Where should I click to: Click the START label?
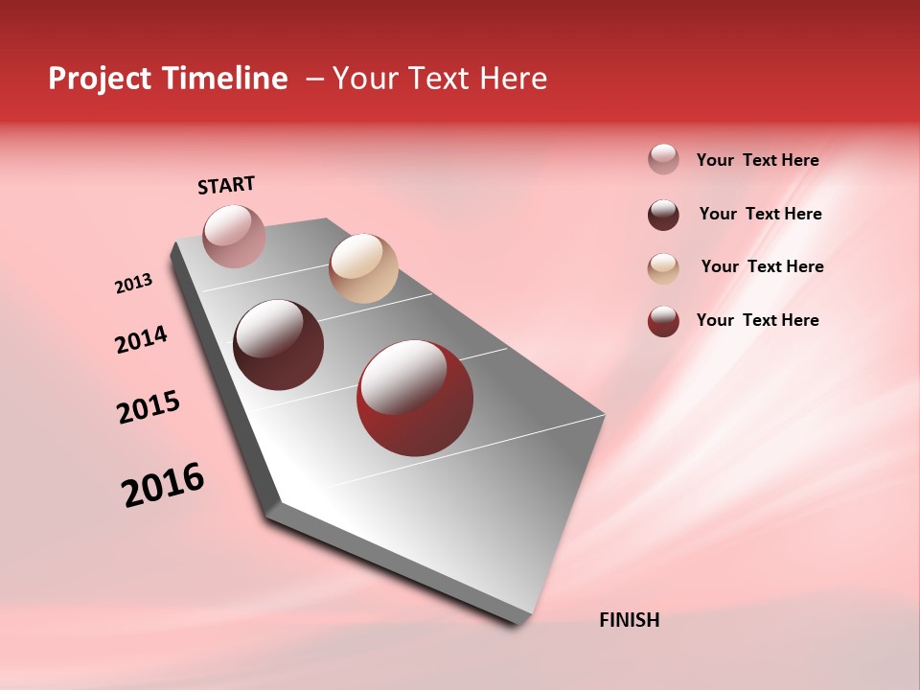click(226, 185)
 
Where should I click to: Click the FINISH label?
click(629, 620)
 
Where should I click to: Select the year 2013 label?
click(133, 284)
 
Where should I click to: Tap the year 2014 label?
click(141, 339)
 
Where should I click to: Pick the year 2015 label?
click(149, 407)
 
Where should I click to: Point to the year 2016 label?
click(163, 485)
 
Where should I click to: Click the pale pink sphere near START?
click(234, 236)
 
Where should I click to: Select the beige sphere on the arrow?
click(363, 268)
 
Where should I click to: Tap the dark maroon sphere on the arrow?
click(279, 345)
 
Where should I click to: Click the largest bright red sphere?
click(415, 398)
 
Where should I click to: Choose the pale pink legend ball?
click(663, 159)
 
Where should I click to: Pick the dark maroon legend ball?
click(663, 215)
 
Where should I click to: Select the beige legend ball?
click(663, 268)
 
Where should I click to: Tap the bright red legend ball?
click(663, 321)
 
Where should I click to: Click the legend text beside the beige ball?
click(762, 266)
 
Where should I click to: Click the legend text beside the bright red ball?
click(757, 320)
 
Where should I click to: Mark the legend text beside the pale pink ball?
click(757, 160)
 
